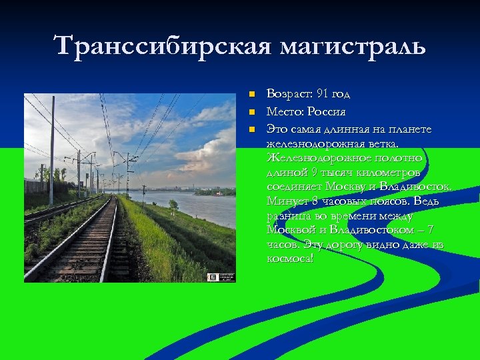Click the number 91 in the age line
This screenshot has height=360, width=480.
323,94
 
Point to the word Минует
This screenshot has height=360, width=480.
285,201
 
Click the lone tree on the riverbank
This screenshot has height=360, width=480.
173,204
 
